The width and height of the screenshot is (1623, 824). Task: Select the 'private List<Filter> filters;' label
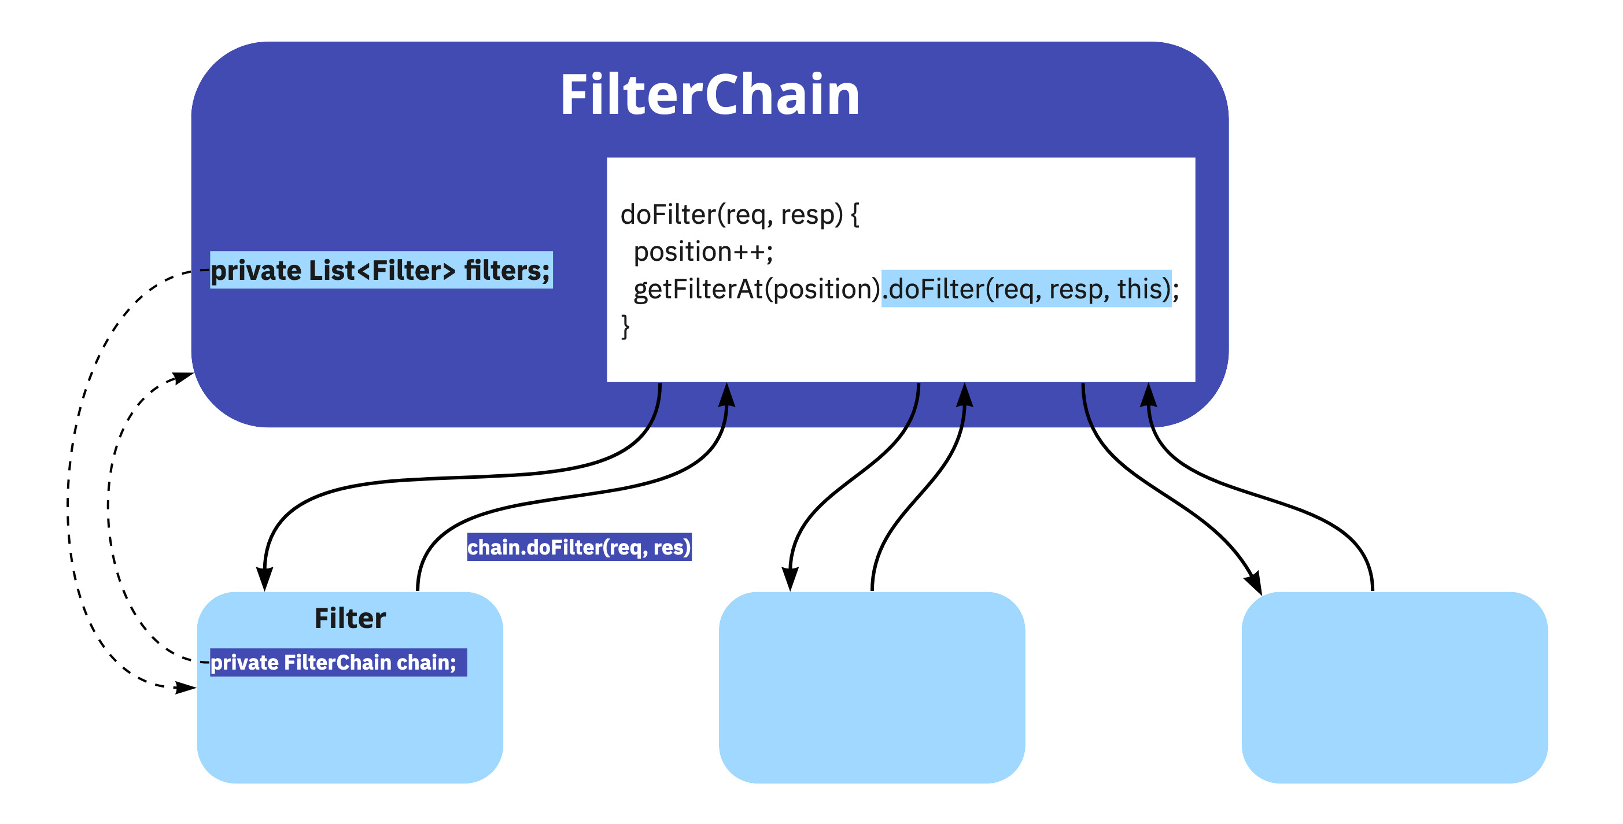pos(381,270)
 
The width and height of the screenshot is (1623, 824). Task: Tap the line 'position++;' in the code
pos(703,252)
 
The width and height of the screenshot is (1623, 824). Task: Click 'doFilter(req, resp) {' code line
pos(739,214)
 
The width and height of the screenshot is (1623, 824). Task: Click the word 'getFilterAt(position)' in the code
pos(756,289)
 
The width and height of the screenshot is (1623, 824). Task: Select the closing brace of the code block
pos(625,326)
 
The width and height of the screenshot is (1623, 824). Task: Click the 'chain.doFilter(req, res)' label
pos(579,547)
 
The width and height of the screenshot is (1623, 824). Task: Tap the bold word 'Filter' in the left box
pos(350,618)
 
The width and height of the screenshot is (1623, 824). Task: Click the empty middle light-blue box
pos(871,688)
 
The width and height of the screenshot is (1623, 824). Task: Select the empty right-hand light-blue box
pos(1394,688)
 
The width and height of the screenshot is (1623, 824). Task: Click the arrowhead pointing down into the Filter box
pos(265,578)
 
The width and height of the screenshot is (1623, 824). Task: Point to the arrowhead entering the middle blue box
pos(790,578)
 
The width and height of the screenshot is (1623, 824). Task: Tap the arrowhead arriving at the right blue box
pos(1253,582)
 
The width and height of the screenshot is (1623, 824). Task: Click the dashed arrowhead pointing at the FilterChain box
pos(183,378)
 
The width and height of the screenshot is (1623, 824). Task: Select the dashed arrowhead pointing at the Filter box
pos(185,688)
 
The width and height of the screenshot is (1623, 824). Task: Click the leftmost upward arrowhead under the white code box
pos(727,396)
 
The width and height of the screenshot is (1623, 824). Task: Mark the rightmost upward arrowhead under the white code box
pos(1149,396)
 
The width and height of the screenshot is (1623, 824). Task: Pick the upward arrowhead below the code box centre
pos(965,396)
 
